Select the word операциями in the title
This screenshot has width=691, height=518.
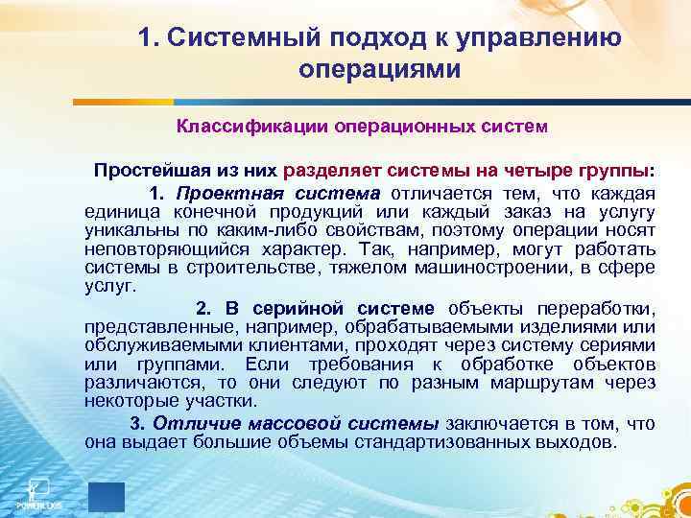coord(380,70)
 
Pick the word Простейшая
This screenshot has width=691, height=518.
coord(145,170)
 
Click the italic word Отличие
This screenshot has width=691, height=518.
coord(187,424)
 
